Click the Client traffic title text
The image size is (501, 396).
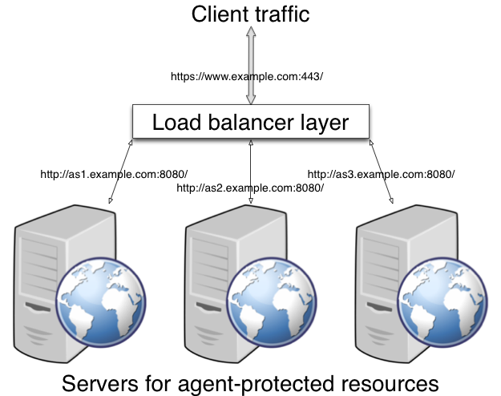[250, 14]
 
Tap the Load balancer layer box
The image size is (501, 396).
[251, 122]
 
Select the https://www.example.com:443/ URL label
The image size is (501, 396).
[247, 77]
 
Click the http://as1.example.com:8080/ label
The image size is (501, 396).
[114, 175]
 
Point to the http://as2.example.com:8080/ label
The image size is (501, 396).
[250, 188]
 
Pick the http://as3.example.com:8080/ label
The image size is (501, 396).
[381, 175]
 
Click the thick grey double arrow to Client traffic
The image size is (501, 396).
[251, 65]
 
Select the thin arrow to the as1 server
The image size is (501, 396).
[120, 172]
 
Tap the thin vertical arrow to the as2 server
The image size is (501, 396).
[251, 172]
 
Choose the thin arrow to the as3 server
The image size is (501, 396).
[382, 172]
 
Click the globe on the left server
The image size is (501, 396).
[101, 302]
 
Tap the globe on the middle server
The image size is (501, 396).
[272, 302]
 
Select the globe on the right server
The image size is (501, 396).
[442, 302]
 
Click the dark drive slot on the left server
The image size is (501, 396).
[38, 307]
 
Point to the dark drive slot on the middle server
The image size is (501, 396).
[208, 307]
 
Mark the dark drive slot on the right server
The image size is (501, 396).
[379, 307]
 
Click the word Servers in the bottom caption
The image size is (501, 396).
[100, 383]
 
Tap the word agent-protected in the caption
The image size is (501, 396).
[256, 385]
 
